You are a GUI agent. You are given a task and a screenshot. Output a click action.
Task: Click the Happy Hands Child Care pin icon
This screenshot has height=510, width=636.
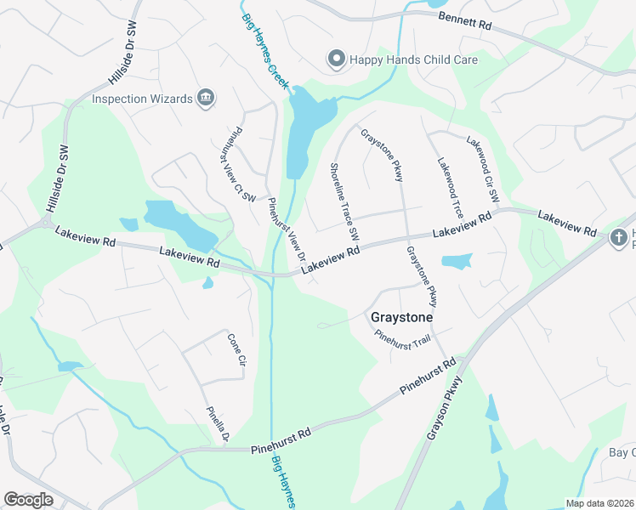pyautogui.click(x=336, y=59)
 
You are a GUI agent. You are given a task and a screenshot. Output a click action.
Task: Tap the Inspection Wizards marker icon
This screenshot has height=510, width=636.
pyautogui.click(x=205, y=99)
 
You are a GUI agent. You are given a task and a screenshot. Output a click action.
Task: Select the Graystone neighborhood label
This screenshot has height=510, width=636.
pyautogui.click(x=402, y=317)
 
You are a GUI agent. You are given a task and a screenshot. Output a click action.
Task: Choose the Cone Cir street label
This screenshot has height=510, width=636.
pyautogui.click(x=236, y=349)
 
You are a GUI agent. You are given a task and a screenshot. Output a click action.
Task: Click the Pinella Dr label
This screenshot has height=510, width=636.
pyautogui.click(x=219, y=425)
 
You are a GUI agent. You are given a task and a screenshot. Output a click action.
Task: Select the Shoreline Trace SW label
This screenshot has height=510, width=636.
pyautogui.click(x=344, y=201)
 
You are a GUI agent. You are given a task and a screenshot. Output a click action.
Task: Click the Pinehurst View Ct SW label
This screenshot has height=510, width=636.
pyautogui.click(x=241, y=165)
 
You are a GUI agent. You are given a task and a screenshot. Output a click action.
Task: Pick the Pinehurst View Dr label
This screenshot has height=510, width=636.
pyautogui.click(x=287, y=232)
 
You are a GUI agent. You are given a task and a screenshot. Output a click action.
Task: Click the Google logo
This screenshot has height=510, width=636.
pyautogui.click(x=28, y=500)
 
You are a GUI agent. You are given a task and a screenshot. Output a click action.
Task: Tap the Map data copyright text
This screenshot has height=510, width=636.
pyautogui.click(x=599, y=503)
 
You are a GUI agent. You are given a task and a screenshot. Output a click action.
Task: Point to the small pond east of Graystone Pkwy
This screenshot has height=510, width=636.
pyautogui.click(x=457, y=261)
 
